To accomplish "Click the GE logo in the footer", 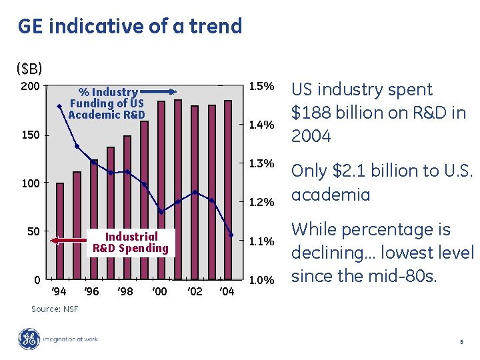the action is point(29,339).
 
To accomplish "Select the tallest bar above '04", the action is point(228,190).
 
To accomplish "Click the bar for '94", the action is point(60,231).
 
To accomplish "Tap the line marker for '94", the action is point(59,107).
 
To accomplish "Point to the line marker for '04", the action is point(231,235).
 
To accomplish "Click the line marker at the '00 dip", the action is point(161,211).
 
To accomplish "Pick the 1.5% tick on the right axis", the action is point(261,86).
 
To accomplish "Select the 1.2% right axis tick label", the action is point(261,202).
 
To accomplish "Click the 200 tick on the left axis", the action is point(30,86).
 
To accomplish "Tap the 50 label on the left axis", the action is point(34,231).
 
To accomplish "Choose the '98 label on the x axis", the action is point(125,291).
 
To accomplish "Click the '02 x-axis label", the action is point(195,291).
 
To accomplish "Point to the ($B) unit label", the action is point(29,69).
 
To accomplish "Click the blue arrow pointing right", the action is point(158,92).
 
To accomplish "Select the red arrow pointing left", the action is point(68,241).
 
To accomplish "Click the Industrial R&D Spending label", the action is point(131,243).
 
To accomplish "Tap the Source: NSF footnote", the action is point(55,309).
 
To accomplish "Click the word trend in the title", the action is point(216,26).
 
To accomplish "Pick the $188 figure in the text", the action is point(311,113).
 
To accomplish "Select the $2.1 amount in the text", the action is point(349,171).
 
